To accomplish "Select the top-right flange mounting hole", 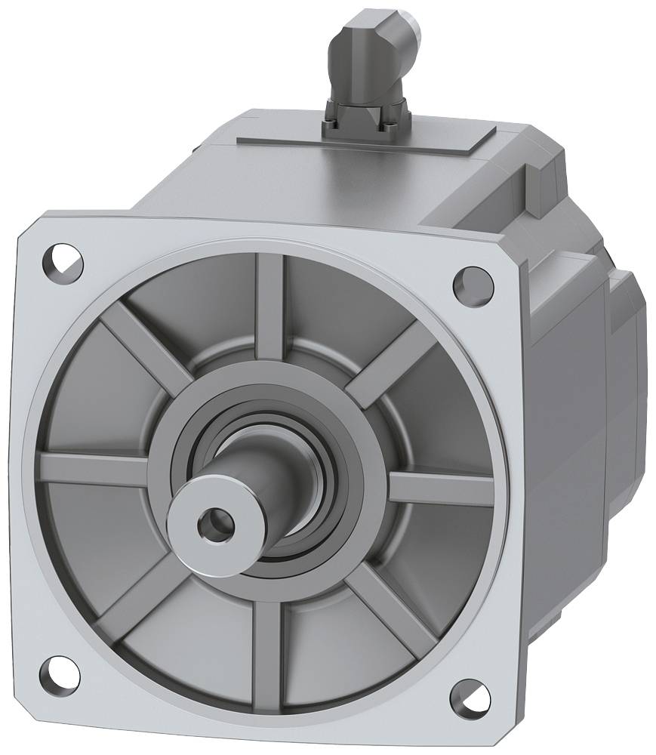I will coord(468,284).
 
